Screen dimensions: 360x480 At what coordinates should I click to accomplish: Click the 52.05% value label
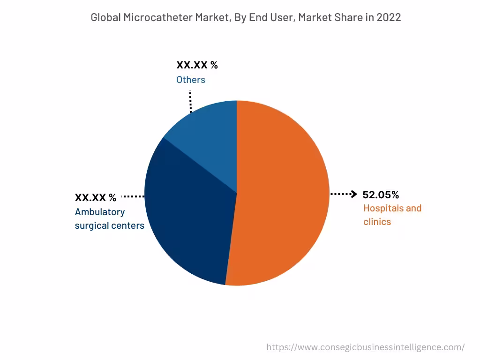click(x=381, y=195)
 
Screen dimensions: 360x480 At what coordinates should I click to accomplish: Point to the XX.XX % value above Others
click(x=197, y=65)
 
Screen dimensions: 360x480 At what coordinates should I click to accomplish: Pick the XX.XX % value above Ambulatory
click(x=96, y=197)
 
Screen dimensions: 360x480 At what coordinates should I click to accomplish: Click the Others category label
click(x=191, y=80)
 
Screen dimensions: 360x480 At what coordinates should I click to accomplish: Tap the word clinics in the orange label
click(x=377, y=222)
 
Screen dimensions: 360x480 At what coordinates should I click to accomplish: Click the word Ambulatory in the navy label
click(x=100, y=212)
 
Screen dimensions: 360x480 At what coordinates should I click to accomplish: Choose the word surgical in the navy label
click(x=91, y=225)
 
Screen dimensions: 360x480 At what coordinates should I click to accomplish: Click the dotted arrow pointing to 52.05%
click(x=344, y=194)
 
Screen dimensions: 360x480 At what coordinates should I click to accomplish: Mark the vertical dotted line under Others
click(x=190, y=101)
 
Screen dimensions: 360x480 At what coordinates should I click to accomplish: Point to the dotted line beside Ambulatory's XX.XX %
click(x=133, y=197)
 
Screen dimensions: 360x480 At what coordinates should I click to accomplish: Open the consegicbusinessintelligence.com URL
click(x=366, y=347)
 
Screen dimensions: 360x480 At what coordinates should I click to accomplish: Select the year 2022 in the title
click(x=389, y=18)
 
